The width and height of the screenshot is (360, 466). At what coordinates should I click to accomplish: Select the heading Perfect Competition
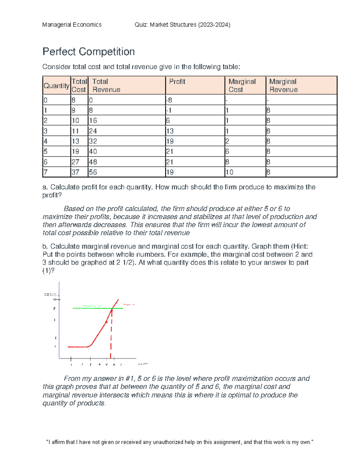88,52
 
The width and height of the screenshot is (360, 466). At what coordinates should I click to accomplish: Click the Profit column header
177,82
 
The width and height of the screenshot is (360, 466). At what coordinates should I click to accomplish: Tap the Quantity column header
56,86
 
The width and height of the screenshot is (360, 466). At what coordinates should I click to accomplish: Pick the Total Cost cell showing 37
75,172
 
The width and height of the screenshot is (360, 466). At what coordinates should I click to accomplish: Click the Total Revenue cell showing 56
93,172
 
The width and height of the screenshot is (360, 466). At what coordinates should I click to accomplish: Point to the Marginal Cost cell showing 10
229,172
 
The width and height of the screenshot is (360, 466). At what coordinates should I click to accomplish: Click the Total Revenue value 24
93,131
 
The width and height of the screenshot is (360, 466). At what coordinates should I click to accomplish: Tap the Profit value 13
170,131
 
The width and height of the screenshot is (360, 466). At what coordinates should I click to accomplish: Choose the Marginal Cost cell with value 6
227,152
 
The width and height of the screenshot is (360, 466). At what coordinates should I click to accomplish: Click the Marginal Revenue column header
283,86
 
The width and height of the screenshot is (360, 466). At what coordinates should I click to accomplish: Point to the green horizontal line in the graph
90,308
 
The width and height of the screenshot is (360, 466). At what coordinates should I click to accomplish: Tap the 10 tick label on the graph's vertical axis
55,300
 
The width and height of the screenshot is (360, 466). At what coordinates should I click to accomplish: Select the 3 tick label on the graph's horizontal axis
90,365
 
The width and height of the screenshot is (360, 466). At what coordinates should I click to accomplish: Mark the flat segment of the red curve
77,347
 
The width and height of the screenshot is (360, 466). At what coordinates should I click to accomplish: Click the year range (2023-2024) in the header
214,25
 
